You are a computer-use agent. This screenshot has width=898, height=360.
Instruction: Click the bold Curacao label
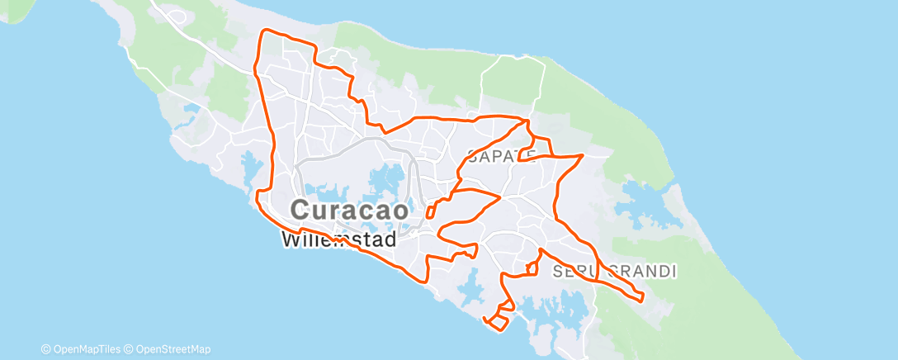tap(350, 210)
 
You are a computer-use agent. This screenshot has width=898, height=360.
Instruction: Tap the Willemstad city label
tap(338, 240)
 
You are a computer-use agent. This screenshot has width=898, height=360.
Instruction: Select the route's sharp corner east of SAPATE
tap(583, 154)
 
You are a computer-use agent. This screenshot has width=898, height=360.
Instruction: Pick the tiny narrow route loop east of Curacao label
tap(431, 210)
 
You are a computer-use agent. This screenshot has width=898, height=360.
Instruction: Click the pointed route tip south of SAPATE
tap(500, 197)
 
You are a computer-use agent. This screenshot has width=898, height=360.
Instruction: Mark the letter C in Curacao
tap(302, 210)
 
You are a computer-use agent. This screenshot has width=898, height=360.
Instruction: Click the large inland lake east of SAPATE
tap(644, 198)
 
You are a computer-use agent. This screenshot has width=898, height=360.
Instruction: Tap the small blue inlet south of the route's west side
tap(248, 162)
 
